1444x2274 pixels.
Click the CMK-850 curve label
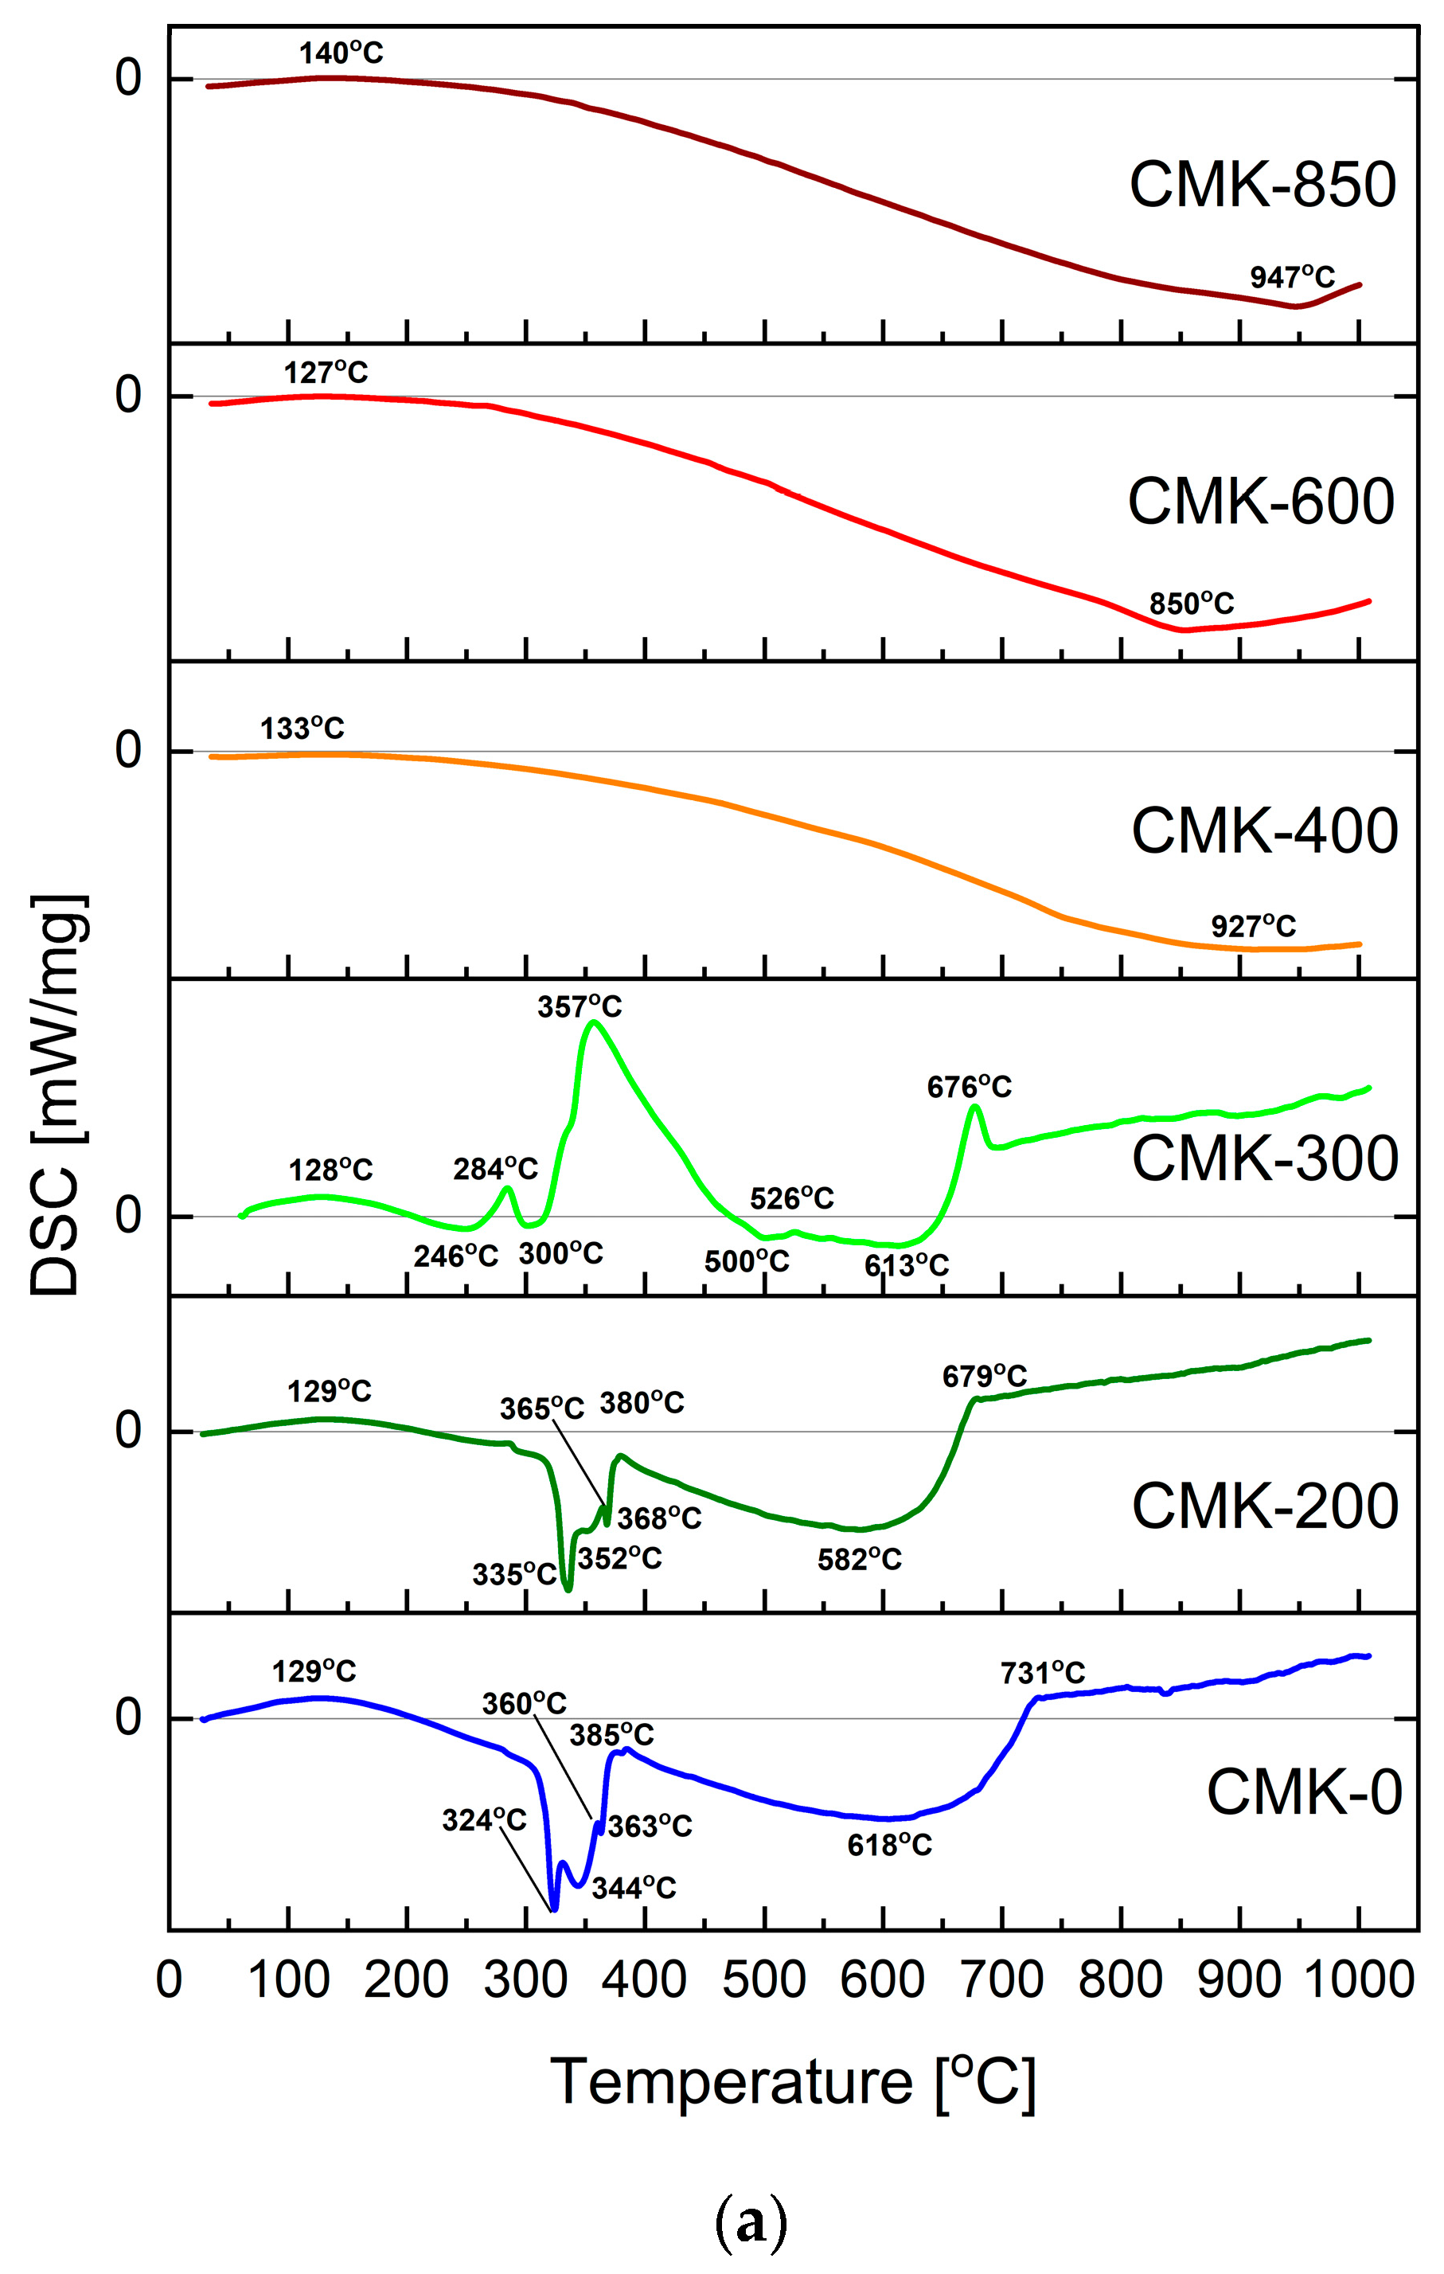click(x=1262, y=184)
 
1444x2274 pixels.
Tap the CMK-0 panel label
click(x=1303, y=1792)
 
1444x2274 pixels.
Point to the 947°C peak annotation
click(x=1292, y=277)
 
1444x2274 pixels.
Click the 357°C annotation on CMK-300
click(x=579, y=1006)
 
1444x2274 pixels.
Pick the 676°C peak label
click(x=968, y=1087)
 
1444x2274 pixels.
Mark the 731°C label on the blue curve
click(x=1042, y=1674)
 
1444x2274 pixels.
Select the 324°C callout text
click(x=483, y=1820)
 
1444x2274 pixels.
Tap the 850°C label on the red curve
click(x=1190, y=604)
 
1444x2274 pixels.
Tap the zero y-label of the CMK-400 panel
click(x=128, y=751)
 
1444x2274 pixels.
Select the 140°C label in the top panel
click(x=341, y=53)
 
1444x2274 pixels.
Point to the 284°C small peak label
click(x=495, y=1169)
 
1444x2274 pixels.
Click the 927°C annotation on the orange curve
click(x=1252, y=927)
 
